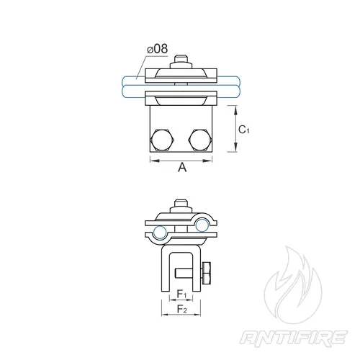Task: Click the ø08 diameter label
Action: click(x=157, y=49)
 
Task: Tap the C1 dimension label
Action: click(x=244, y=130)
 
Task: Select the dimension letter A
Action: click(x=182, y=167)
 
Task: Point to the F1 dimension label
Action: click(x=181, y=294)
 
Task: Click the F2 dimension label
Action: click(x=181, y=309)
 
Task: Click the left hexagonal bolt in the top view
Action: click(x=161, y=140)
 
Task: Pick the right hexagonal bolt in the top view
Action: click(x=200, y=140)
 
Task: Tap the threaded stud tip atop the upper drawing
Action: click(x=181, y=58)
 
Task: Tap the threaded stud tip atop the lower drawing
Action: click(x=181, y=203)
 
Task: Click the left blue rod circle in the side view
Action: click(x=160, y=233)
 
